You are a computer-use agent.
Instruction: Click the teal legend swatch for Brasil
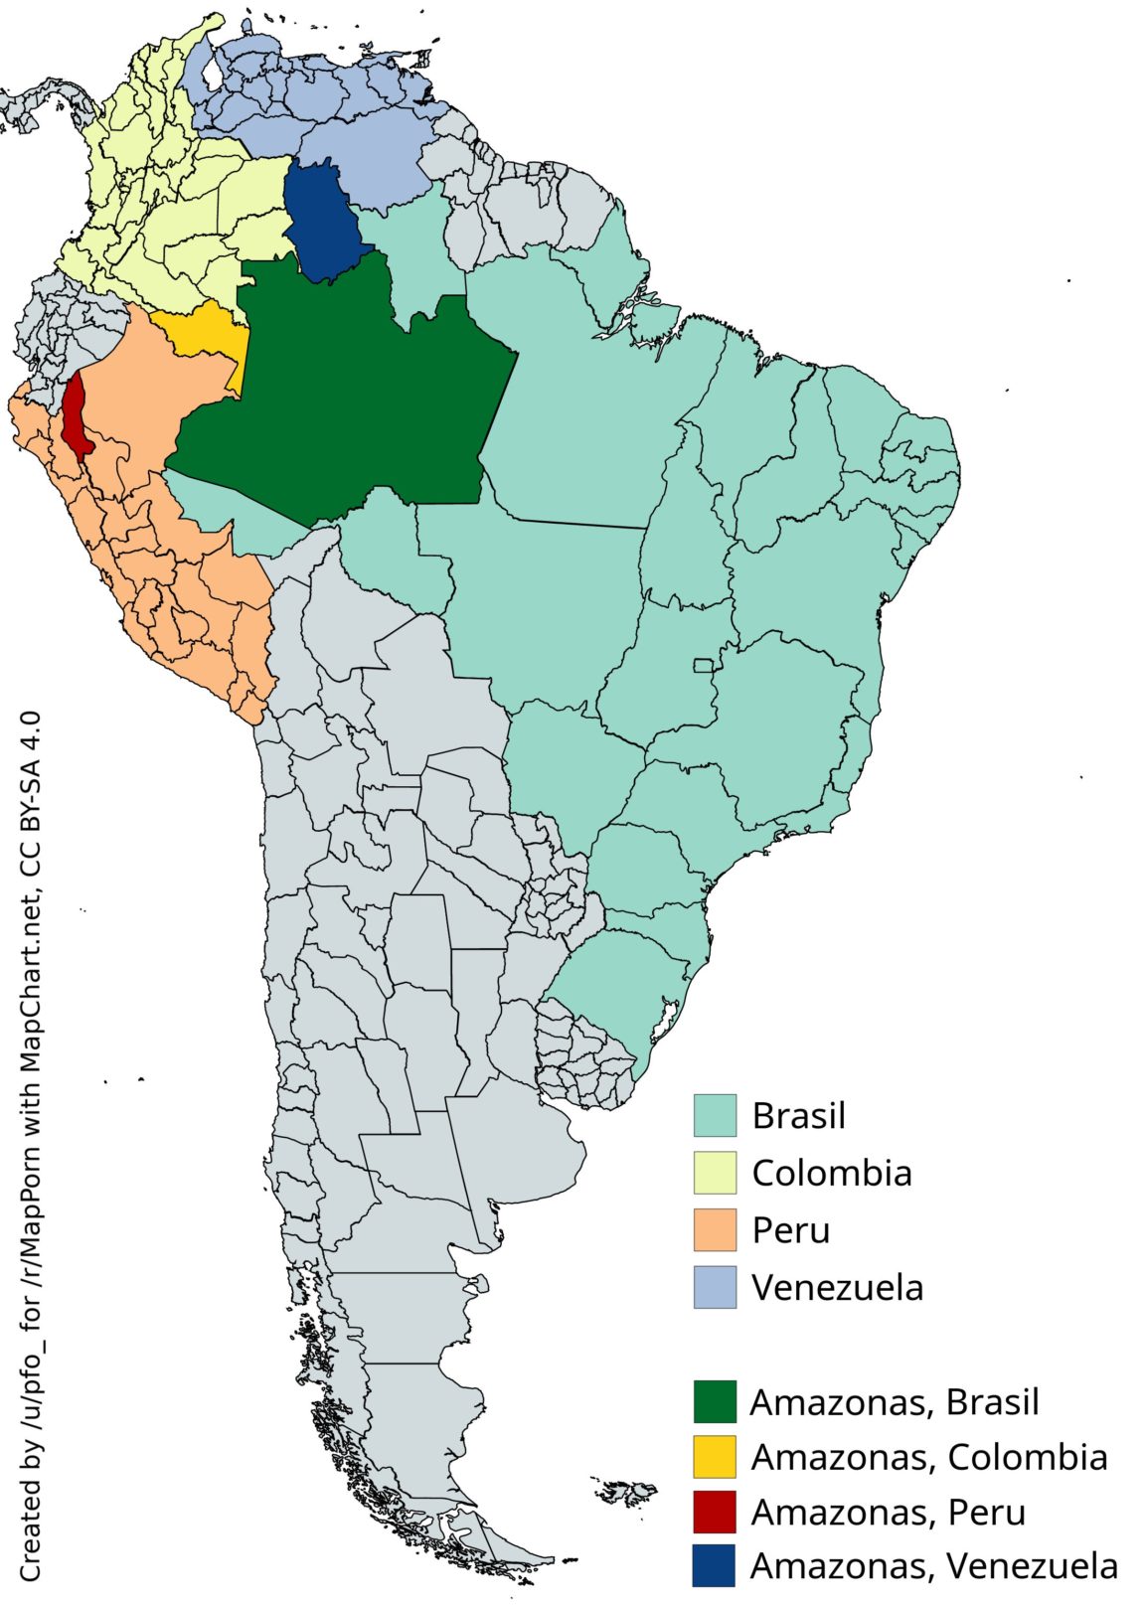(x=715, y=1115)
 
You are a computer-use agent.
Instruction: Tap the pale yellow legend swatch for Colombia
(x=715, y=1173)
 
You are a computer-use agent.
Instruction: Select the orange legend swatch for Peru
(x=715, y=1230)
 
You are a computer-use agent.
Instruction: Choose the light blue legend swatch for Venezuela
(x=715, y=1287)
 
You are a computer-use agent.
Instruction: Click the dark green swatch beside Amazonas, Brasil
(x=715, y=1401)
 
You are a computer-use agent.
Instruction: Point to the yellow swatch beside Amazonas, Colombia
(x=715, y=1457)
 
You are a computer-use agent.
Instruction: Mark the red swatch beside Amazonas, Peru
(x=715, y=1512)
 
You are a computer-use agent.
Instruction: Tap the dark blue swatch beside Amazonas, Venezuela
(x=715, y=1565)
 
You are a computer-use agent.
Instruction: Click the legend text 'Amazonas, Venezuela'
(x=933, y=1565)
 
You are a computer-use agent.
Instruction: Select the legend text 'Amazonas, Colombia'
(x=928, y=1457)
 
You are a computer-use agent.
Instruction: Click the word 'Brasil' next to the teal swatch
(x=798, y=1115)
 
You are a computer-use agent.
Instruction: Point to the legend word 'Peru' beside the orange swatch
(x=790, y=1230)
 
